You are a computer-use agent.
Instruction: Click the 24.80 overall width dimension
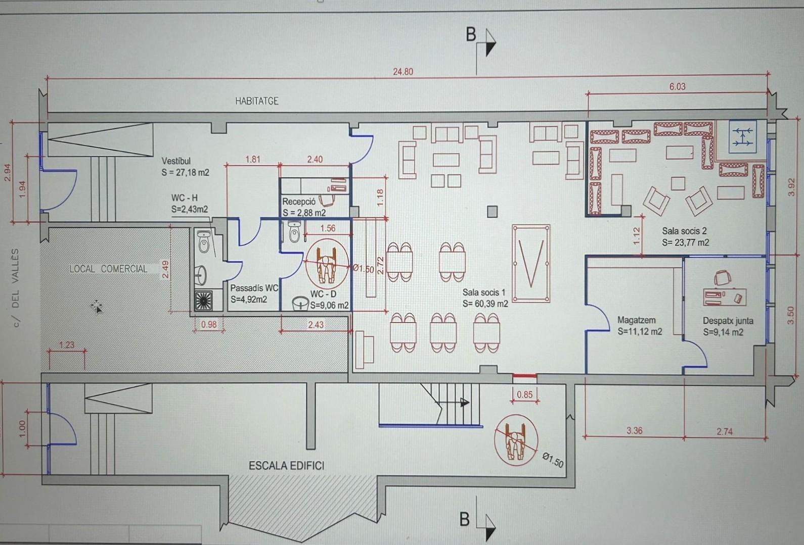click(x=403, y=72)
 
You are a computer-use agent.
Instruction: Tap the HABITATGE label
click(x=257, y=101)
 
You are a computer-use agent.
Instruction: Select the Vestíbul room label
click(x=176, y=161)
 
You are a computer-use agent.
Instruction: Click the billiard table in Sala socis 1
click(x=531, y=264)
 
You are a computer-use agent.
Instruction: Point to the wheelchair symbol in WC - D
click(x=326, y=264)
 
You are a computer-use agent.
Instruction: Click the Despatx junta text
click(x=728, y=321)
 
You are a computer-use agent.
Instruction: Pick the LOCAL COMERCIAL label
click(x=108, y=269)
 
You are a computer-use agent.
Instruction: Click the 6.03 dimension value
click(x=677, y=87)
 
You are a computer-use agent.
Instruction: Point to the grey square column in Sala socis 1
click(x=492, y=212)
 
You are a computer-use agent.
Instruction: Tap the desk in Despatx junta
click(x=725, y=297)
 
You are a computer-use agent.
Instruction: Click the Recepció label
click(x=299, y=202)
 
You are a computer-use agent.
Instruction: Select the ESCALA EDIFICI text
click(x=286, y=466)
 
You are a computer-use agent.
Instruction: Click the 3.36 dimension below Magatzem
click(x=634, y=430)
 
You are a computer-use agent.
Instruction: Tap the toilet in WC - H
click(x=203, y=241)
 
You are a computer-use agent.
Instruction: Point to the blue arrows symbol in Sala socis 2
click(x=743, y=137)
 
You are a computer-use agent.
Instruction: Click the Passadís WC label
click(x=254, y=288)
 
